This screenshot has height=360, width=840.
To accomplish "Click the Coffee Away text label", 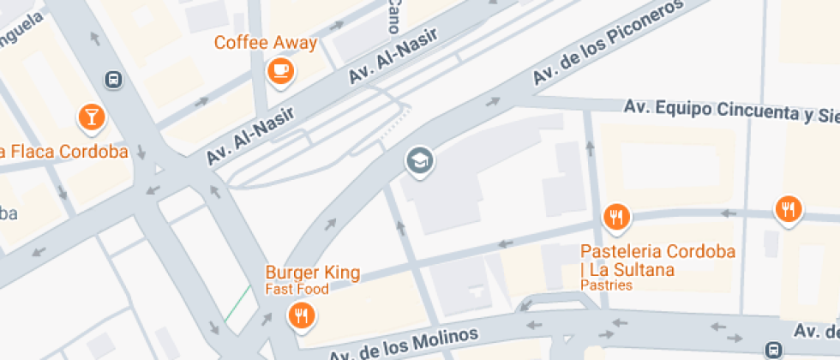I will (x=265, y=43).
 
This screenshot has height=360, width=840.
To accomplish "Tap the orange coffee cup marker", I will (x=280, y=70).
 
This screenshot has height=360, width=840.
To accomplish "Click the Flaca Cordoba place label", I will (x=64, y=152).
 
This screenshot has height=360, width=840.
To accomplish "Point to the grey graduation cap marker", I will (x=419, y=159).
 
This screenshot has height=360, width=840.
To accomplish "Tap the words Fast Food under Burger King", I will (x=297, y=289).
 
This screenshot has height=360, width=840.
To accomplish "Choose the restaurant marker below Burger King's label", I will (x=300, y=315).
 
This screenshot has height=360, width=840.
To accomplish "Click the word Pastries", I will (x=606, y=285).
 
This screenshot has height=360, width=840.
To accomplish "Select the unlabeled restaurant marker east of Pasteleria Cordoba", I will (x=787, y=208).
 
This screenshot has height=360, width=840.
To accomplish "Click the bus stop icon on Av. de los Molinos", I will (x=773, y=349).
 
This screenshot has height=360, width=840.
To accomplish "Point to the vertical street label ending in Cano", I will (x=393, y=15).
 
